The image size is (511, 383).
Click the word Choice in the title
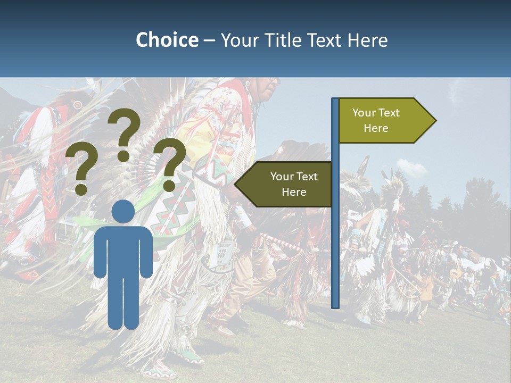[167, 40]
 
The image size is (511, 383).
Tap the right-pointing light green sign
[383, 121]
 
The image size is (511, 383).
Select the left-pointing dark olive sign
[287, 184]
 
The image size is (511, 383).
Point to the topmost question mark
[124, 133]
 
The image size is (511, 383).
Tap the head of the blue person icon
[123, 212]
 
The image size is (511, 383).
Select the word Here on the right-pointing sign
[376, 128]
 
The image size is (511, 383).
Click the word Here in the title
[367, 40]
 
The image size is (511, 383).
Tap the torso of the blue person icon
[123, 250]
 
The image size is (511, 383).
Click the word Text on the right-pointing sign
[390, 113]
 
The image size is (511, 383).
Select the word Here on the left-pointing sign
[294, 192]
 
